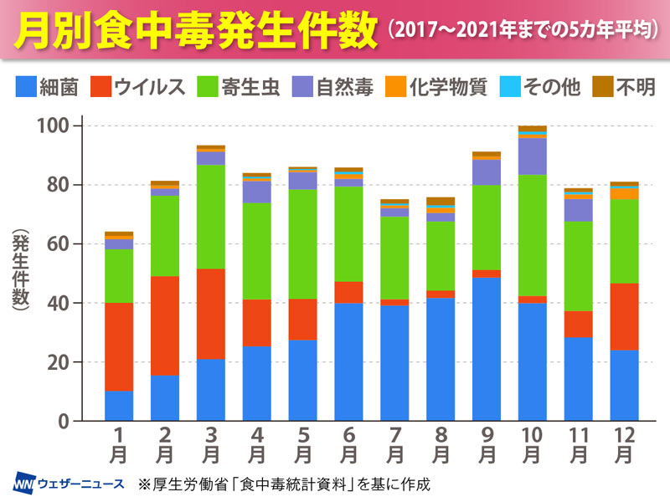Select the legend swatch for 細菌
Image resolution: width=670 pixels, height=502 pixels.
[x=25, y=87]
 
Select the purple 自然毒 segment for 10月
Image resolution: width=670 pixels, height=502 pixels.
[x=533, y=156]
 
